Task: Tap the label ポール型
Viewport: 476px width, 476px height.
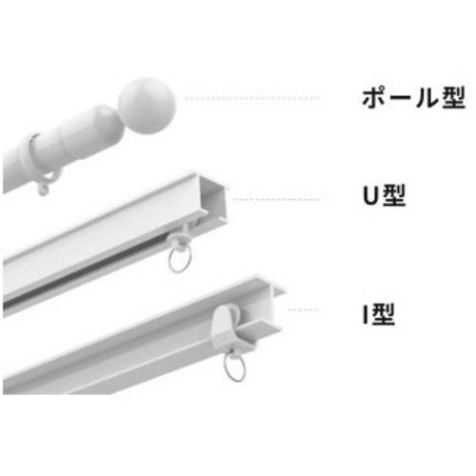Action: click(x=414, y=98)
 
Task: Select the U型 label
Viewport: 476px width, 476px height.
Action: click(x=385, y=195)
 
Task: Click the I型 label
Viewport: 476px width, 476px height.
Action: click(x=379, y=314)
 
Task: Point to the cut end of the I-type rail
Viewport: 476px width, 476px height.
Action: click(x=272, y=305)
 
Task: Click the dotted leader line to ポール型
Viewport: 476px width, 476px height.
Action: click(x=251, y=98)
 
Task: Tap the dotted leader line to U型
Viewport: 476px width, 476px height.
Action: click(x=275, y=199)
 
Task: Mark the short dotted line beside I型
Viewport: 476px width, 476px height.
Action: click(x=303, y=309)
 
